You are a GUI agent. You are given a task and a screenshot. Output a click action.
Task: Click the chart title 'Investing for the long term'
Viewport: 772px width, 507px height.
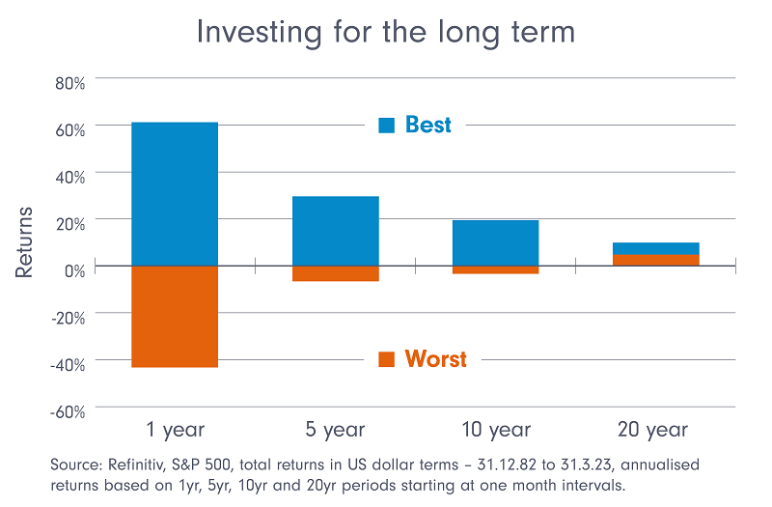(385, 32)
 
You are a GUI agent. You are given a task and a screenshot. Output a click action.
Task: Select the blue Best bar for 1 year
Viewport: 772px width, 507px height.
(175, 193)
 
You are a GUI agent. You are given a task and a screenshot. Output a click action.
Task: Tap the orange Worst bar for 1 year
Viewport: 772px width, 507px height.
(175, 316)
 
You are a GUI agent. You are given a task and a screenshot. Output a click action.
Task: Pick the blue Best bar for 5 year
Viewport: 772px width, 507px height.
(336, 230)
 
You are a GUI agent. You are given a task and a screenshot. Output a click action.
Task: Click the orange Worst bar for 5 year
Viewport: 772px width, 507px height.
(336, 273)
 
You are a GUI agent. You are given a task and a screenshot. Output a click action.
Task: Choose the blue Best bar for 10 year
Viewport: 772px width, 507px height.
(496, 242)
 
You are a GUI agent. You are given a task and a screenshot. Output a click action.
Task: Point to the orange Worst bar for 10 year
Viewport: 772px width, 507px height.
(496, 269)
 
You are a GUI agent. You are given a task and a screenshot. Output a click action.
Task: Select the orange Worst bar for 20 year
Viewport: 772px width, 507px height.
(656, 260)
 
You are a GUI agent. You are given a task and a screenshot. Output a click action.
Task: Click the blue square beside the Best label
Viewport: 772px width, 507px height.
(387, 126)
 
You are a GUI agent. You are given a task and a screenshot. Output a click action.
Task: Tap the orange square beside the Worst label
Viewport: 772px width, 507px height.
(387, 359)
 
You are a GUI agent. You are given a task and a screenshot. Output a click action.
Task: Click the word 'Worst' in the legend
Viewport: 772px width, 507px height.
(435, 359)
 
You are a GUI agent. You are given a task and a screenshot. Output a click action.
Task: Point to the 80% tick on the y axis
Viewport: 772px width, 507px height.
(69, 84)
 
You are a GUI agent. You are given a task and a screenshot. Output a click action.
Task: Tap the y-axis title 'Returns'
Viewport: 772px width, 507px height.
(25, 241)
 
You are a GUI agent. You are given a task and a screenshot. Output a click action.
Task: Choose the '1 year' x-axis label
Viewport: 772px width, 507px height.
(175, 429)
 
